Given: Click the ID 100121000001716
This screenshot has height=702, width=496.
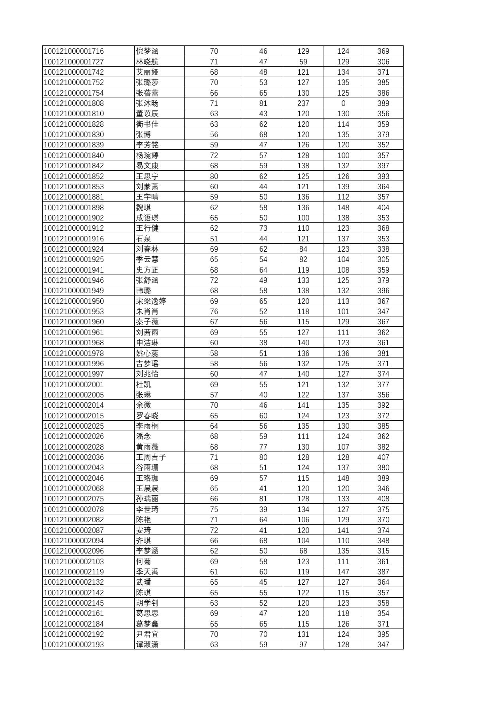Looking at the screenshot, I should (x=74, y=51).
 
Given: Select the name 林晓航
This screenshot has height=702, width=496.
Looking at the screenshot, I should (x=147, y=62).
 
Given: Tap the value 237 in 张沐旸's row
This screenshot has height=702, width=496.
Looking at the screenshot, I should (x=303, y=104).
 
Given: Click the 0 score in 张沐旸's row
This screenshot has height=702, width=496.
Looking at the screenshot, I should (x=343, y=104).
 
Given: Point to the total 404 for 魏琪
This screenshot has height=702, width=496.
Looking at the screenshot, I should (x=383, y=207).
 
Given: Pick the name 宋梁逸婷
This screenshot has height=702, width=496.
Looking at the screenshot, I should (x=151, y=301).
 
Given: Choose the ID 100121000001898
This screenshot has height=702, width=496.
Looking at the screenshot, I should (x=74, y=207).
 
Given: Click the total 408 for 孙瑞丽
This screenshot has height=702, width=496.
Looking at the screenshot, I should (x=383, y=499).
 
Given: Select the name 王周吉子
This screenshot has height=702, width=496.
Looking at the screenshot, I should (x=151, y=457).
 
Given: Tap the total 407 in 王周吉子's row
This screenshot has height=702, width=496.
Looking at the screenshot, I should (x=383, y=457).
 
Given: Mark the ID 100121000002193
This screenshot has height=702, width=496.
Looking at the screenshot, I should (x=74, y=645).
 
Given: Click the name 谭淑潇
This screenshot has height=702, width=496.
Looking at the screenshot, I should (x=147, y=645).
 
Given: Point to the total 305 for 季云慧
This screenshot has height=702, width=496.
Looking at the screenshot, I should (x=383, y=260).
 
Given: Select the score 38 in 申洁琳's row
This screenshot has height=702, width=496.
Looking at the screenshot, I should (x=263, y=343).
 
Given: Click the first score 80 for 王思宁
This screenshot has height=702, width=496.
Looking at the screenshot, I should (x=214, y=176).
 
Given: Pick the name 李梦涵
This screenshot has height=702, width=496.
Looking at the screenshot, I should (x=147, y=551).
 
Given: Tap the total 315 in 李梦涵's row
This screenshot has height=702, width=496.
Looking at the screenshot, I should (x=383, y=551).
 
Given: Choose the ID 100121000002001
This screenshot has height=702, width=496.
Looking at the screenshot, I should (x=74, y=384).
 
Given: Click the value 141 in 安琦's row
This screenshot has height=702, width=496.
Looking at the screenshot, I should (x=343, y=530).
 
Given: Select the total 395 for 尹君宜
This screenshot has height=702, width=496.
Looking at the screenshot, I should (x=383, y=634).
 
